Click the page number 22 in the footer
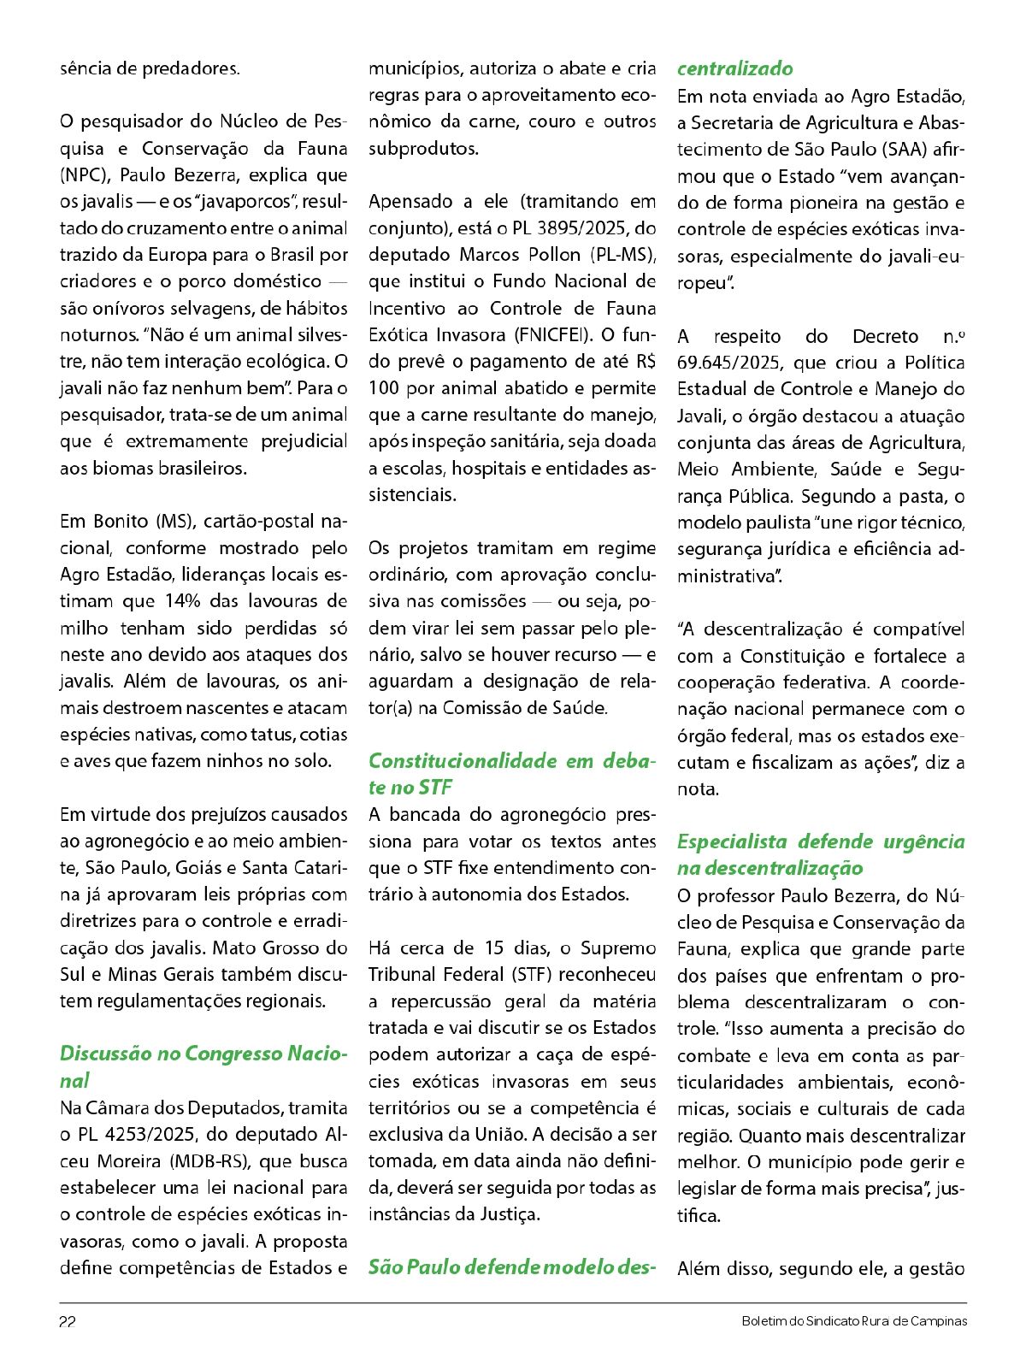pos(68,1321)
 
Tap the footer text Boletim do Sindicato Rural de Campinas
pos(854,1321)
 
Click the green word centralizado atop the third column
pos(735,68)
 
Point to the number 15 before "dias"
pos(494,948)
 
